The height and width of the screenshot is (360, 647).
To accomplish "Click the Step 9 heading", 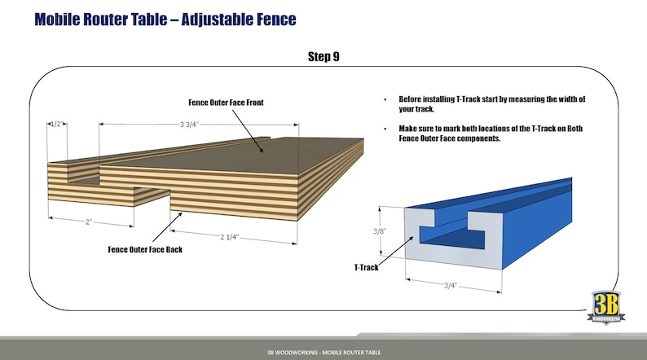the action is [323, 56].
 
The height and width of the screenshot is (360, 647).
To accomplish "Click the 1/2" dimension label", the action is [56, 124].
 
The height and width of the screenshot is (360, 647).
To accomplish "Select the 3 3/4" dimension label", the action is [189, 124].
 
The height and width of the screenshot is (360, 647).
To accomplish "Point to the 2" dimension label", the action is [89, 222].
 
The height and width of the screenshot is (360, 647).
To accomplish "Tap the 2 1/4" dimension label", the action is [229, 237].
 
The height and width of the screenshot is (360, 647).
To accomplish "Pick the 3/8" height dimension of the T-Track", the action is [380, 231].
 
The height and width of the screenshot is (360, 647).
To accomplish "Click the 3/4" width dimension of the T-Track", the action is [451, 285].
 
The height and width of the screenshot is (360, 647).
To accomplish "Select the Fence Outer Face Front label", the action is [226, 103].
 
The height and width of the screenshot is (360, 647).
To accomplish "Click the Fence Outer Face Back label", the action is [145, 249].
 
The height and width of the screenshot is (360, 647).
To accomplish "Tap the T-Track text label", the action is [366, 267].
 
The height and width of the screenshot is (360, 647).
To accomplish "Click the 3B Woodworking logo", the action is [606, 308].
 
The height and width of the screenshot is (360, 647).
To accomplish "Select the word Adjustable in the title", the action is [217, 20].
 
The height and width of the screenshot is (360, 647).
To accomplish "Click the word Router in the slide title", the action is [108, 19].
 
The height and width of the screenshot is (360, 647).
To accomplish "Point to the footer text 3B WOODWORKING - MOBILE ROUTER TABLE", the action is [323, 352].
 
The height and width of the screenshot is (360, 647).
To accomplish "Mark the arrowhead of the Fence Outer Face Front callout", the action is [262, 151].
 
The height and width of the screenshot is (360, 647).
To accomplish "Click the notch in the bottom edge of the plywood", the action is [152, 198].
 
